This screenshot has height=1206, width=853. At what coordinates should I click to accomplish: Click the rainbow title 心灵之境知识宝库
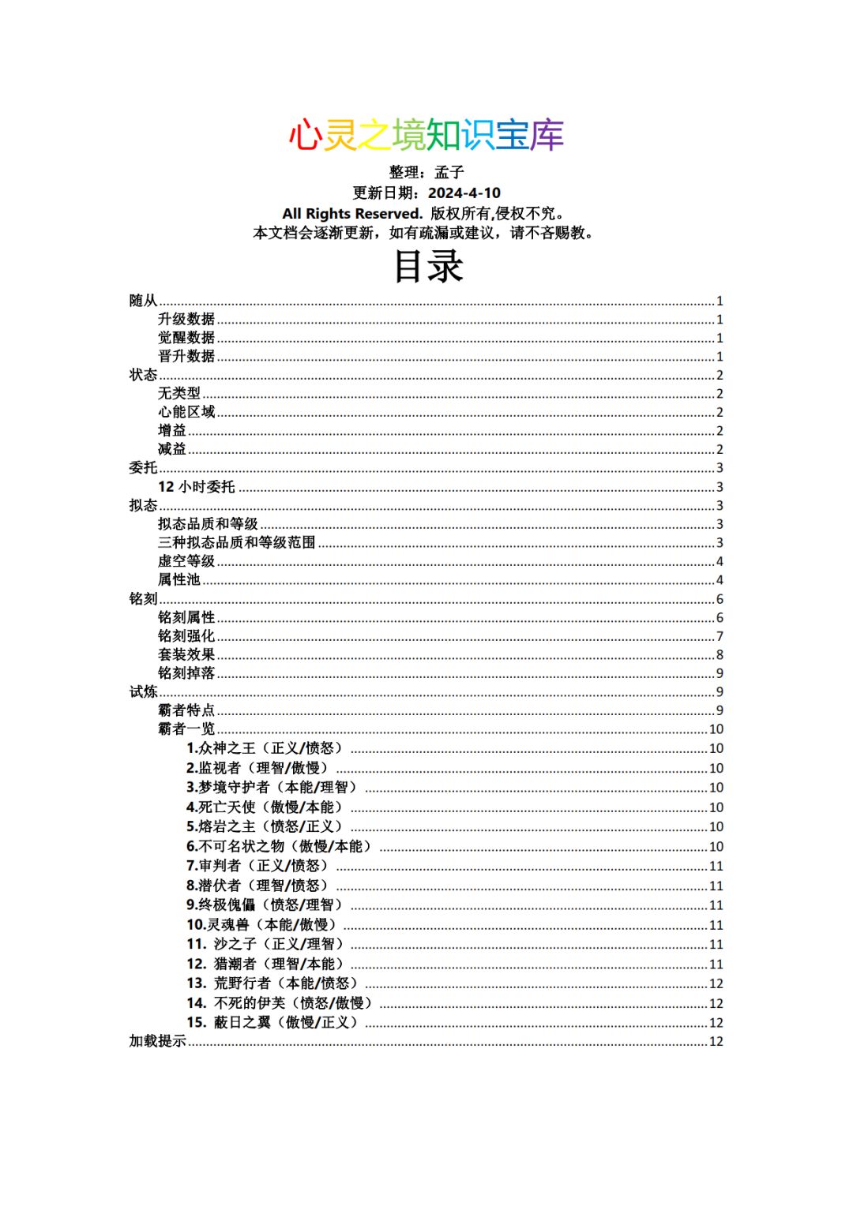tap(426, 136)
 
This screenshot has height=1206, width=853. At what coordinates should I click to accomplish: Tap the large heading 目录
tap(427, 266)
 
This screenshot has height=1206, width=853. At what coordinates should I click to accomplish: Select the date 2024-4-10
tap(464, 193)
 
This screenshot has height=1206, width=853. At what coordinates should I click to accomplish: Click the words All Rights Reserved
tap(352, 213)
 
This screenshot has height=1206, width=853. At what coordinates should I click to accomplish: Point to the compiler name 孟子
tap(449, 172)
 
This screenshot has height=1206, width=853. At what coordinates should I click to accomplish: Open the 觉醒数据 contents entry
tap(186, 338)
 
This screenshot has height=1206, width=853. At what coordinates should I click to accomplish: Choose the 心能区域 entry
tap(186, 412)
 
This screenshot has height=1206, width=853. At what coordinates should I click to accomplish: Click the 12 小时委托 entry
tap(197, 487)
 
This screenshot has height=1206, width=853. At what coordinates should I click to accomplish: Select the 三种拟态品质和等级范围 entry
tap(237, 542)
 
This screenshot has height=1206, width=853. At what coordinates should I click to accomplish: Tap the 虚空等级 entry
tap(186, 561)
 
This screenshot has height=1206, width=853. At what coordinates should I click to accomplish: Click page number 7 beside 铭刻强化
tap(720, 636)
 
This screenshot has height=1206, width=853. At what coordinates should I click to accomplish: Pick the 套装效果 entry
tap(186, 654)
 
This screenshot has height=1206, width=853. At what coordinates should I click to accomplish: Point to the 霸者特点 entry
tap(186, 710)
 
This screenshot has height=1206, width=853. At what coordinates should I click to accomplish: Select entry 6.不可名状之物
tap(280, 846)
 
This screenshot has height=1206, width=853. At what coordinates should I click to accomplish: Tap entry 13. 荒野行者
tap(273, 983)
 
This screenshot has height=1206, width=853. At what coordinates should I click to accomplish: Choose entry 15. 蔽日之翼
tap(273, 1022)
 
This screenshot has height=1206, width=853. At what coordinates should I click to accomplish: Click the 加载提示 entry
tap(158, 1041)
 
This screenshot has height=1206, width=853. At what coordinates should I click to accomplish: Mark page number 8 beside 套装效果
tap(720, 654)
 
